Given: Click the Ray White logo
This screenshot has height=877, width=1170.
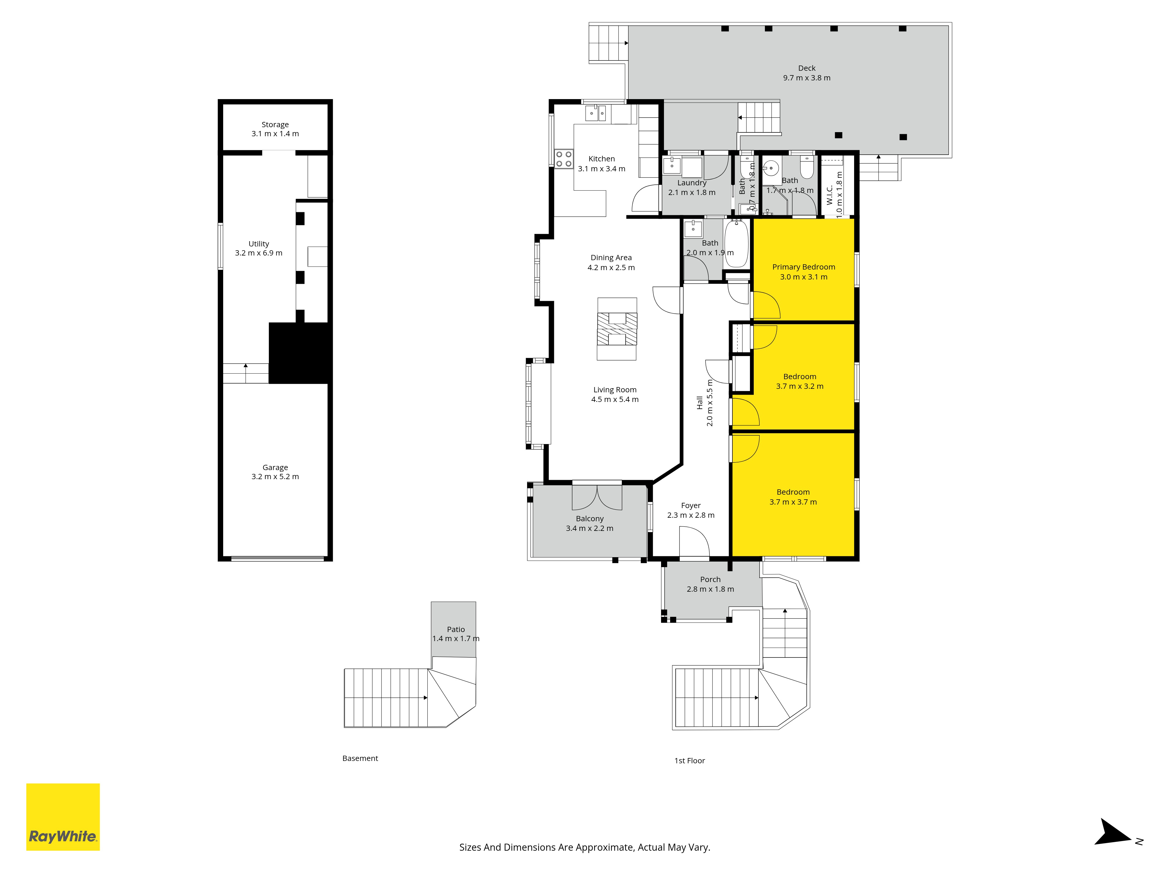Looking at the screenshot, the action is click(63, 817).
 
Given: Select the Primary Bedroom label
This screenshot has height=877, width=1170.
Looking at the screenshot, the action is click(803, 267).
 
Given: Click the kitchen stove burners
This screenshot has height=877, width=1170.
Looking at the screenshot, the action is click(564, 158).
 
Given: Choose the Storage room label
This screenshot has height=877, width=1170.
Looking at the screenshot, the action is click(275, 125).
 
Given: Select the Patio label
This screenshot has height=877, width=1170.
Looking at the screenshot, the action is click(456, 629).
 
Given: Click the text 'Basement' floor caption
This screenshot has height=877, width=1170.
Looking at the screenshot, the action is click(360, 758).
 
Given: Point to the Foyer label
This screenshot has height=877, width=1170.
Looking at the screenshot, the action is click(691, 505).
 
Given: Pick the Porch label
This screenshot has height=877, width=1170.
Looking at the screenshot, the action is click(710, 579).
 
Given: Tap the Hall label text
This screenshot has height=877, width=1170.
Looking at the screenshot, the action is click(700, 403).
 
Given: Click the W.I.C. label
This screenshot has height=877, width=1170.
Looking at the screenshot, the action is click(829, 194).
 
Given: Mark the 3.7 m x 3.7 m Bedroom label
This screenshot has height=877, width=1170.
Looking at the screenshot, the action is click(793, 497).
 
